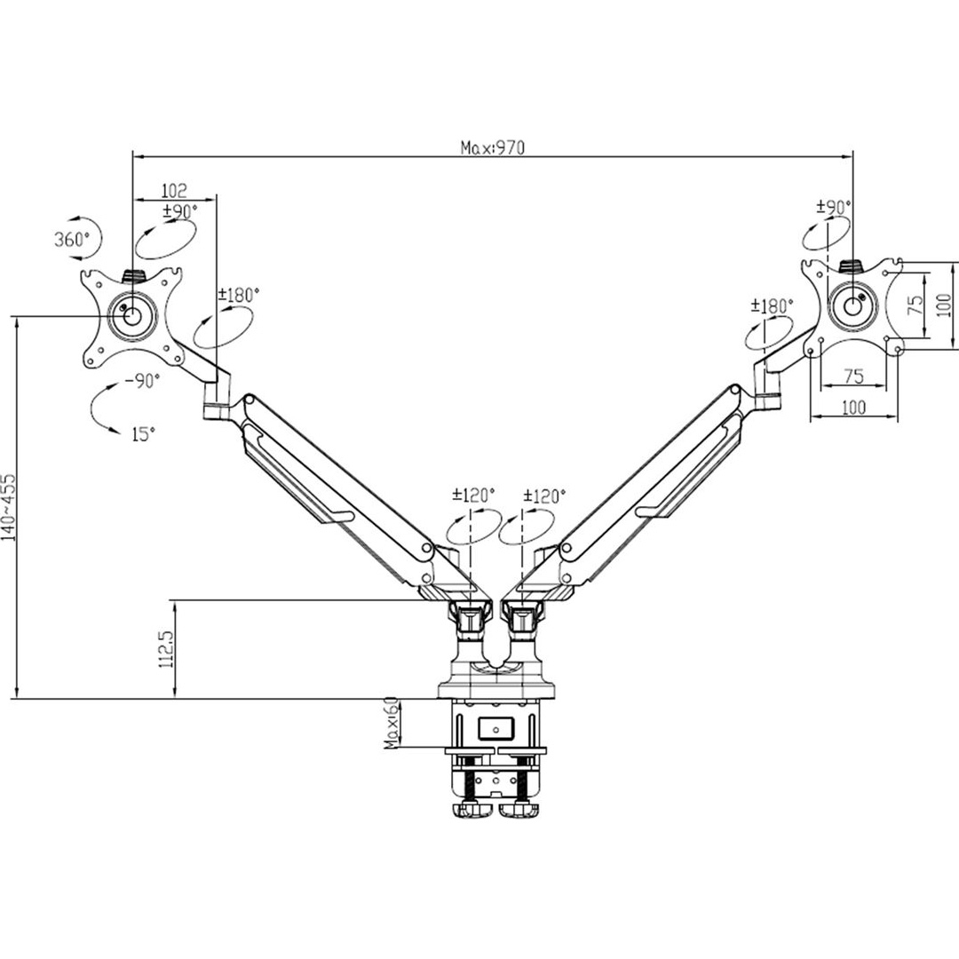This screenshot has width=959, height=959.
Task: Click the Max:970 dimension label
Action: coord(493,147)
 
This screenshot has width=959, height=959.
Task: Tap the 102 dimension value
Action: coord(174,190)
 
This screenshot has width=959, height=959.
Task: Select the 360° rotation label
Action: coord(72,239)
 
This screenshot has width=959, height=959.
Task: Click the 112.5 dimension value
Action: coord(166,648)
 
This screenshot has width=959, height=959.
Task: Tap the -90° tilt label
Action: coord(142,380)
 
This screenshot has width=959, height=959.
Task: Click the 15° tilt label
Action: coord(143,434)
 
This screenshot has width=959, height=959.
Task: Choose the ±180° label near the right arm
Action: coord(773,305)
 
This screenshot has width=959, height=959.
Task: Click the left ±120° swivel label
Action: coord(473,495)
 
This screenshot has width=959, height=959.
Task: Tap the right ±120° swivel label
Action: coord(545,495)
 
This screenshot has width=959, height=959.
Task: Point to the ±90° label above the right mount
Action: coord(834,207)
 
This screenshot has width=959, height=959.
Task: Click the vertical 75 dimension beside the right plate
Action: coord(915,304)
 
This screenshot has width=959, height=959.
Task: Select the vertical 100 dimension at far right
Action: coord(945,304)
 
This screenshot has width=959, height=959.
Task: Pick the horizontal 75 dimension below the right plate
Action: coord(853,376)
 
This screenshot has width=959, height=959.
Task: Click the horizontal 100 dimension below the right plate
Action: coord(854,407)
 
